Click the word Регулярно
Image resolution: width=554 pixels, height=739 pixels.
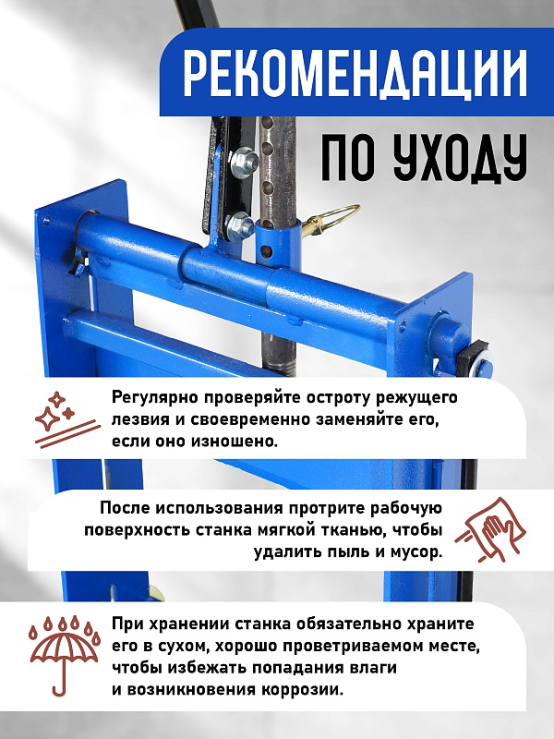152,398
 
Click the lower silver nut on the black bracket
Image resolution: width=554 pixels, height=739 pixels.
237,224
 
